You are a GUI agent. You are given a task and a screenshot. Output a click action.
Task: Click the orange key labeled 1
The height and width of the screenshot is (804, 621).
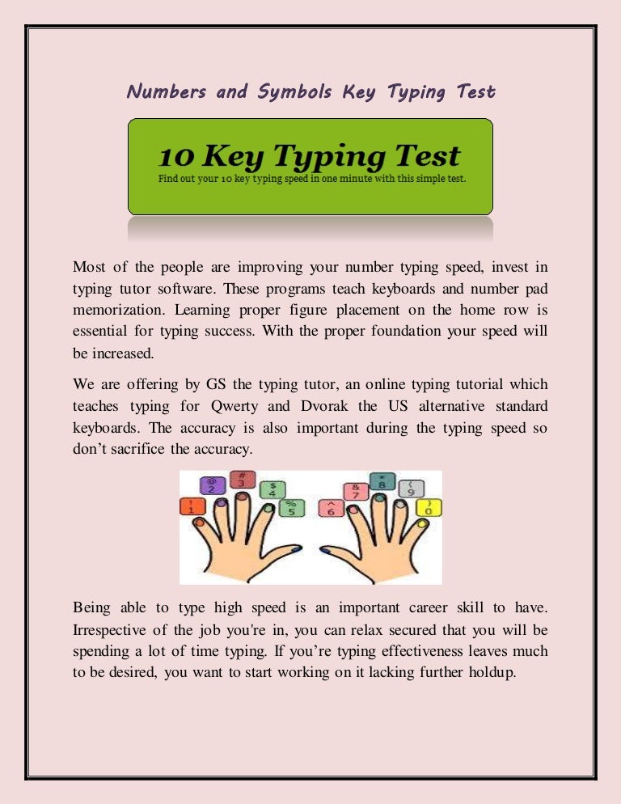(x=191, y=506)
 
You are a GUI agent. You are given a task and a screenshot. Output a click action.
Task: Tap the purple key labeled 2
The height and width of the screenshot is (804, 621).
(x=213, y=485)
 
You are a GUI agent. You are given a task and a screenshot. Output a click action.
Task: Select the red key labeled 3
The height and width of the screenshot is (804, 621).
(x=239, y=480)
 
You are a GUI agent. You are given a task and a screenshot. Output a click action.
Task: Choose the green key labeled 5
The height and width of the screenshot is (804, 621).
(x=289, y=507)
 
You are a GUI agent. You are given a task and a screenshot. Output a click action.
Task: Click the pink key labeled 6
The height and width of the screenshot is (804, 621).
(x=330, y=508)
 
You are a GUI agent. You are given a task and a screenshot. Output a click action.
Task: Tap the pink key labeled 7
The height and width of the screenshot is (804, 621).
(x=355, y=490)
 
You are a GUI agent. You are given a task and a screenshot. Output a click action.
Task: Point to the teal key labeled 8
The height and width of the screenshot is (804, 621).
(x=382, y=481)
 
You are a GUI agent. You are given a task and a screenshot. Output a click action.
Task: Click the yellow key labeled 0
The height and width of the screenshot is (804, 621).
(x=429, y=507)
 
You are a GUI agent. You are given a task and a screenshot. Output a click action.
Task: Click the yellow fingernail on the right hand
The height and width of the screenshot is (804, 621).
(x=421, y=524)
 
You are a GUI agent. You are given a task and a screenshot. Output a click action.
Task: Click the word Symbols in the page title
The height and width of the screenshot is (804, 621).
(x=295, y=91)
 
